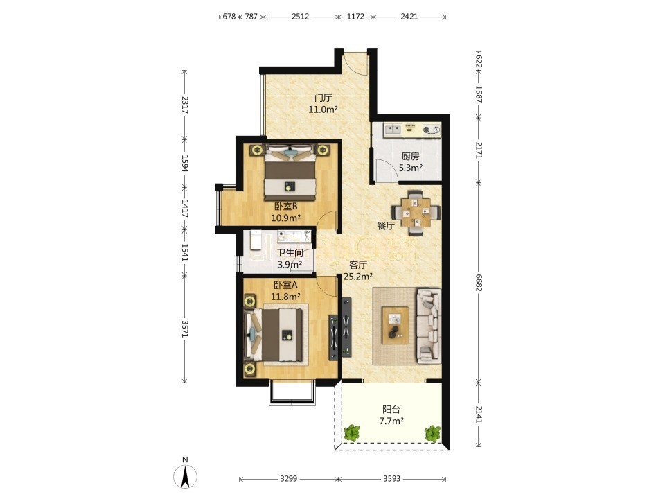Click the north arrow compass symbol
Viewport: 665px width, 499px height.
point(186,476)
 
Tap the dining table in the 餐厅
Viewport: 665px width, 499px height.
point(416,212)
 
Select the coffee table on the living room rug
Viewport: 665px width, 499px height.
point(396,325)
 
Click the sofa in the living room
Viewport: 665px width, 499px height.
point(429,326)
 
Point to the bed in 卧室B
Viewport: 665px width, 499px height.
point(290,172)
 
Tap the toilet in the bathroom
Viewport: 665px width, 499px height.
point(256,241)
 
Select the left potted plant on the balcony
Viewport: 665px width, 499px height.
point(352,433)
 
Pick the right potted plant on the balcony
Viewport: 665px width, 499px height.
point(432,433)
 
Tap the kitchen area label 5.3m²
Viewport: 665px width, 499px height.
point(411,168)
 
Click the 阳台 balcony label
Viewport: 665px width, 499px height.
point(391,410)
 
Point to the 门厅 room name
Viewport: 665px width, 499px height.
point(323,98)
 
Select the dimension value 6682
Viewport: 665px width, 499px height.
point(479,283)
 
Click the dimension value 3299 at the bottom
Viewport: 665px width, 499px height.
point(288,479)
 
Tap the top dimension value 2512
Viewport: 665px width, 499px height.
point(300,17)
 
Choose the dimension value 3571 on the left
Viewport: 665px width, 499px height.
point(184,329)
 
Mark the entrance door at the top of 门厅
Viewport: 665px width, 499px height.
point(355,64)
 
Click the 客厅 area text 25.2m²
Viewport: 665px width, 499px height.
point(358,277)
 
